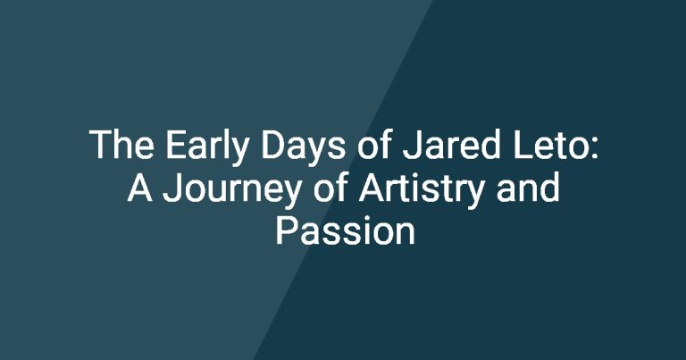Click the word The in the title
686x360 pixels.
pyautogui.click(x=121, y=145)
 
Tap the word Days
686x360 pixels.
pyautogui.click(x=303, y=148)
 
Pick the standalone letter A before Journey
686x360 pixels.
pyautogui.click(x=140, y=188)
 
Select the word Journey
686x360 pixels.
pyautogui.click(x=232, y=191)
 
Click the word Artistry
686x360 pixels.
pyautogui.click(x=422, y=190)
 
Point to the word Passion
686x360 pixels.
pyautogui.click(x=345, y=230)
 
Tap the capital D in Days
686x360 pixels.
pyautogui.click(x=274, y=145)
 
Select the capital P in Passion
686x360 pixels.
pyautogui.click(x=287, y=230)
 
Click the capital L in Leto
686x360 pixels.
pyautogui.click(x=523, y=145)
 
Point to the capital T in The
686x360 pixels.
pyautogui.click(x=102, y=145)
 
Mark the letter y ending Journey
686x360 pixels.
pyautogui.click(x=291, y=195)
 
